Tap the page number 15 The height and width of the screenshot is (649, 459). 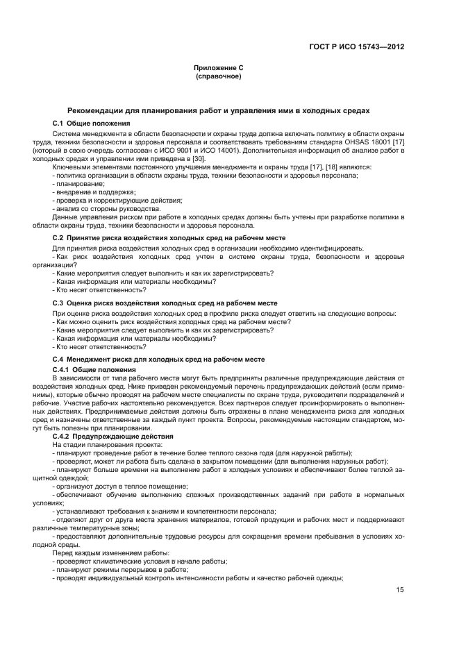(x=401, y=590)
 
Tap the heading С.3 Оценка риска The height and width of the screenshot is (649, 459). (x=165, y=303)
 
